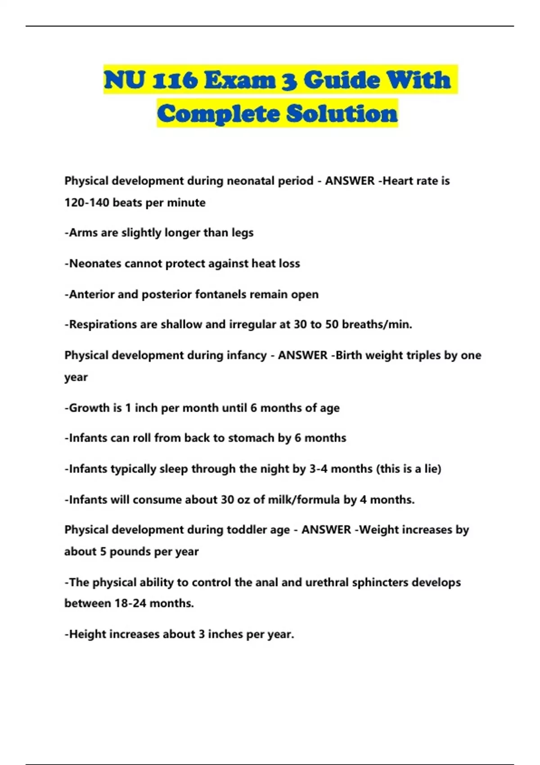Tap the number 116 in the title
pyautogui.click(x=175, y=80)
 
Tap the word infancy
pyautogui.click(x=247, y=355)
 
